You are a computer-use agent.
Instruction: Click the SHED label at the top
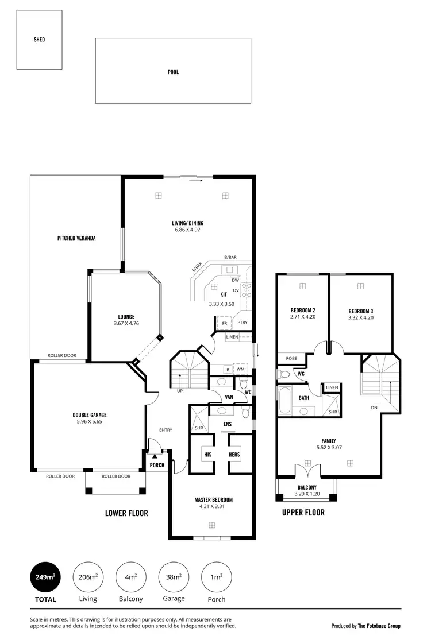point(39,40)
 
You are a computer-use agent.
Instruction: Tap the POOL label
point(173,72)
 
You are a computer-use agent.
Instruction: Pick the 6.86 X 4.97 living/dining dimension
point(188,230)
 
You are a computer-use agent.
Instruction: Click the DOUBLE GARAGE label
point(90,414)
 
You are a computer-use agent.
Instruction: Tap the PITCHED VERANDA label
point(76,238)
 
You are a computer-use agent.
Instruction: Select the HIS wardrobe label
point(207,455)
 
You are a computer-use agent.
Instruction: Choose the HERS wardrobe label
point(234,455)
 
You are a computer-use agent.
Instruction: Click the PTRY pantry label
point(242,323)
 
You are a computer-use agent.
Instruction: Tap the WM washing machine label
point(240,370)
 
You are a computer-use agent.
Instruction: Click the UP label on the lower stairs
point(179,391)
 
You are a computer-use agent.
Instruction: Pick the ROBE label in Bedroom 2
point(291,358)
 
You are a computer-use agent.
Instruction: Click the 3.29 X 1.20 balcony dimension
point(307,494)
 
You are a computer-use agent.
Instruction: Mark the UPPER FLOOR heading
point(303,513)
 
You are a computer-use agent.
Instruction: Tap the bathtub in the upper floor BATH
point(284,399)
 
